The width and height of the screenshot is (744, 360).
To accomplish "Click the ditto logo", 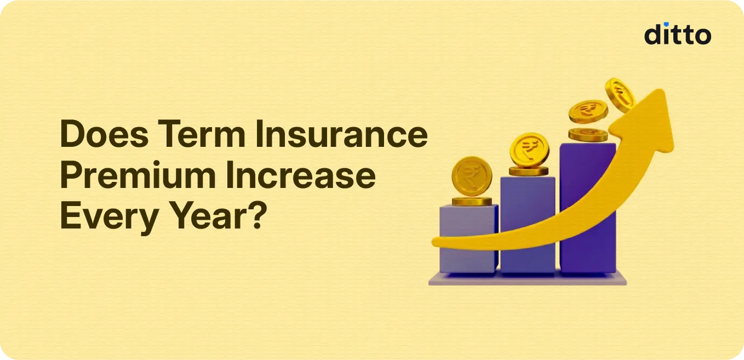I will tap(677, 34).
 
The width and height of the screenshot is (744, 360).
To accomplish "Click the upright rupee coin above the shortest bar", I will tap(472, 176).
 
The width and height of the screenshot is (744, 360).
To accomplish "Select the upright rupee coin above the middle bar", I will tap(529, 150).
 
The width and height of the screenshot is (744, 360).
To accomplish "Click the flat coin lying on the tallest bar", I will tap(588, 134).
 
